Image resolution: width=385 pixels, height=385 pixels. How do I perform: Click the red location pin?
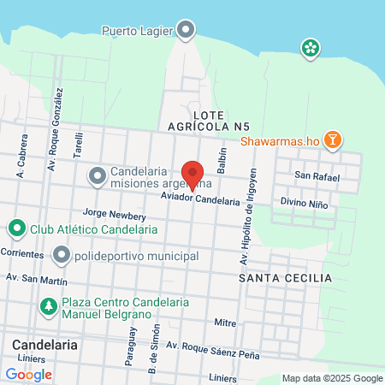[193, 175]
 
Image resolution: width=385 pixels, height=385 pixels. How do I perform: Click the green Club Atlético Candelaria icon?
[16, 229]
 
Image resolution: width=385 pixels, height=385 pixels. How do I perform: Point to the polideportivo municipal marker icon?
[61, 256]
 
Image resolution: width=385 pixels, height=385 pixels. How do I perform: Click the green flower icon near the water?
[310, 48]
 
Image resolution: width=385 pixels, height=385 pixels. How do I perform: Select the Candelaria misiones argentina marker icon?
[98, 176]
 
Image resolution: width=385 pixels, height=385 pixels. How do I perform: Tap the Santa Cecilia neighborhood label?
[286, 279]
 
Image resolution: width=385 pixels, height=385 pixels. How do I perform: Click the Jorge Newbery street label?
[109, 216]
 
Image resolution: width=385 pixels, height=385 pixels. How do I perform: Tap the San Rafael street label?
[317, 177]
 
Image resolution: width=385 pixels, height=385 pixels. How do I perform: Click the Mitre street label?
[225, 323]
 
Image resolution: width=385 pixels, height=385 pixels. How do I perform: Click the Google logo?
[29, 374]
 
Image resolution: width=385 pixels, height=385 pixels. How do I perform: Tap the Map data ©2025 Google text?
[333, 378]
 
